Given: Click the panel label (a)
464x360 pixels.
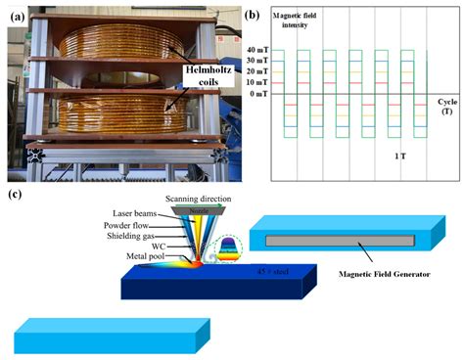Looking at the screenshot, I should pyautogui.click(x=18, y=15).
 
